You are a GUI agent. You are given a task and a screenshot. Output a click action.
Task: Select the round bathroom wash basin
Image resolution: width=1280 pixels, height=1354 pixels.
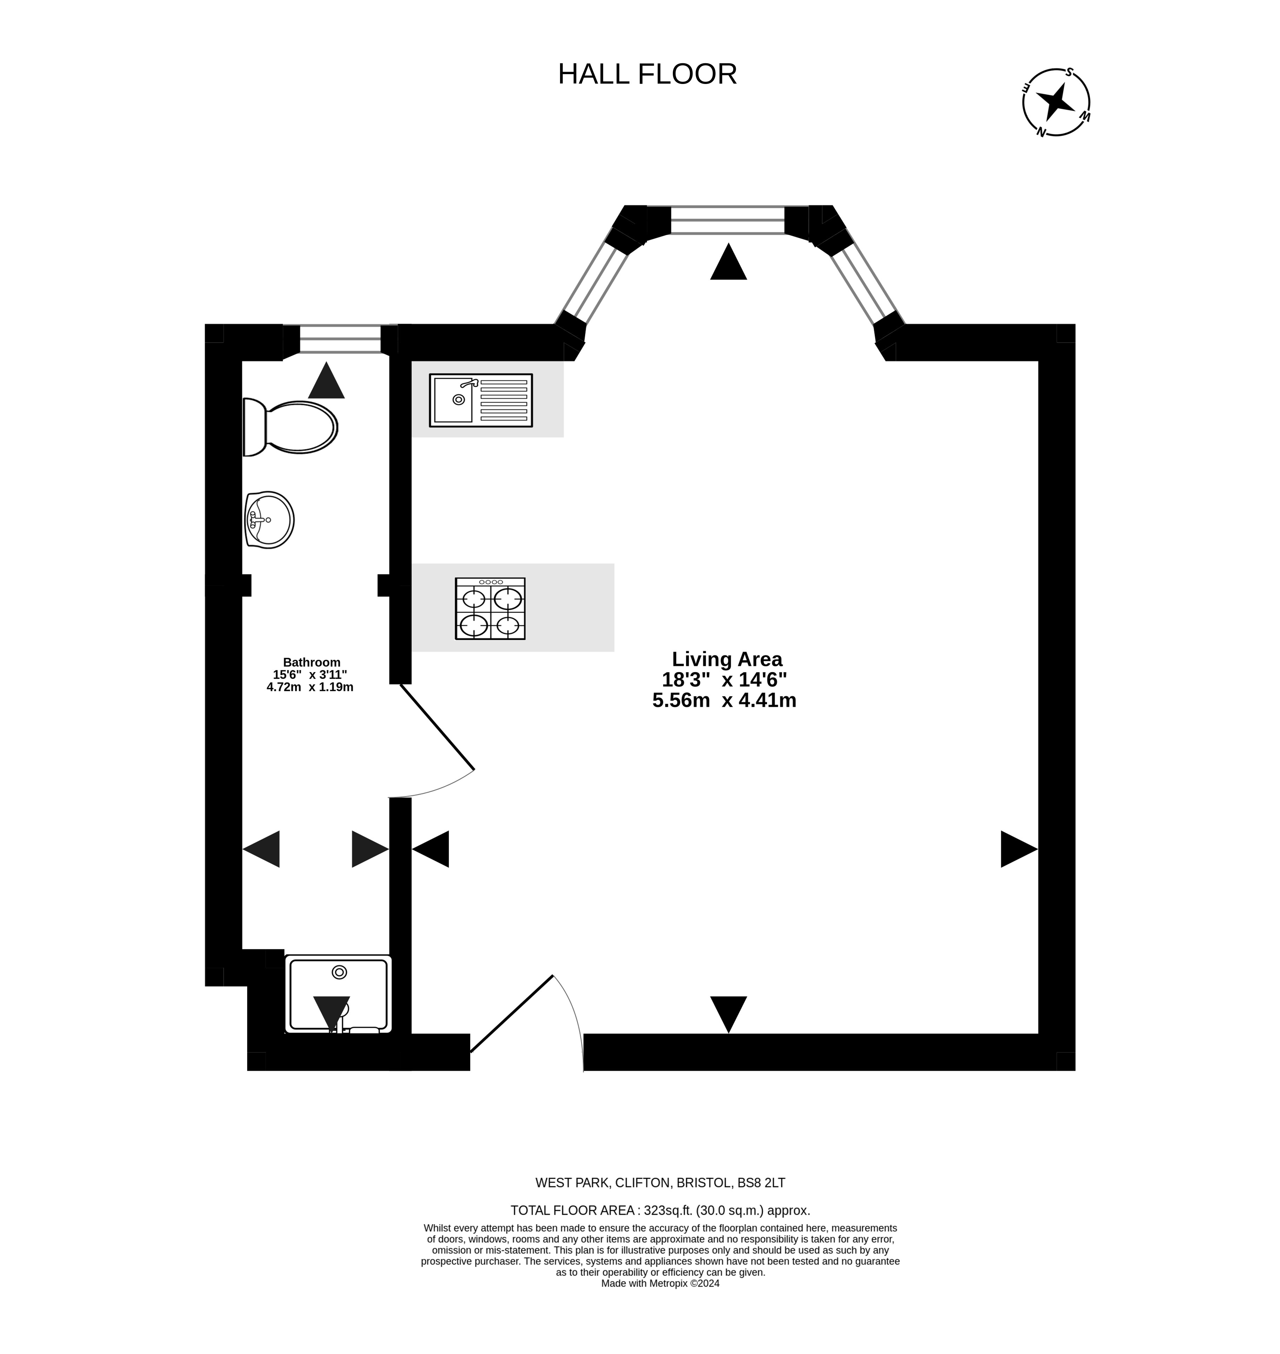tap(269, 519)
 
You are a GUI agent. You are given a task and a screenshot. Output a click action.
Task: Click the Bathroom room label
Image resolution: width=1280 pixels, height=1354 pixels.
tap(312, 662)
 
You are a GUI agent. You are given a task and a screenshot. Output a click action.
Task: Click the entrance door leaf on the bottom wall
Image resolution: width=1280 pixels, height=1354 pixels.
tap(512, 1014)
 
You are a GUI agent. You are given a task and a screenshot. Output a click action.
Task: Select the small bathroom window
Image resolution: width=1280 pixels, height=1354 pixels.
tap(340, 339)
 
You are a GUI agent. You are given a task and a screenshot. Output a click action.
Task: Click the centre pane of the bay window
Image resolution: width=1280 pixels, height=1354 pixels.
tap(728, 220)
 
